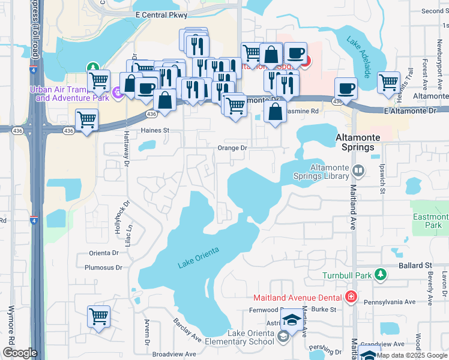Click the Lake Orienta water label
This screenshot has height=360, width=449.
(x=198, y=257)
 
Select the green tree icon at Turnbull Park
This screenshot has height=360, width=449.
(x=379, y=274)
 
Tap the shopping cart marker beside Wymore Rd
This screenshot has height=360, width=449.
(x=98, y=316)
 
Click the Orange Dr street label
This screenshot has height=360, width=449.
(x=232, y=148)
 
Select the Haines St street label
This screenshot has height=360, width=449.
(x=155, y=130)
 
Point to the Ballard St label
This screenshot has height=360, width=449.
(x=416, y=265)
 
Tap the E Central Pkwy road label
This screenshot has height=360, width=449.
(x=161, y=14)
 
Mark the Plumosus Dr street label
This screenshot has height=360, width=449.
(x=103, y=268)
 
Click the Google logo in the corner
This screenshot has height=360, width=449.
(x=20, y=353)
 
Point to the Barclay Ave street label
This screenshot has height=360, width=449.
(x=188, y=329)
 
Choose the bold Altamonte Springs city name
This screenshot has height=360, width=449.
(x=358, y=142)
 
